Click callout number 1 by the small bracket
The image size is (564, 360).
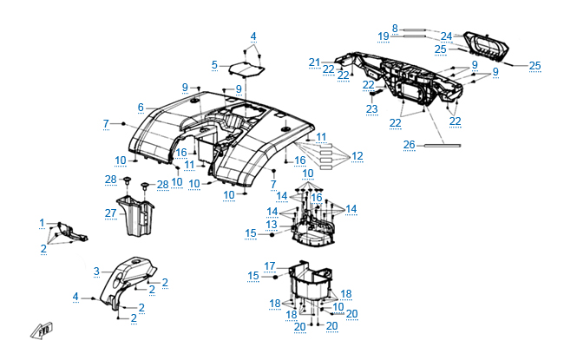click(x=42, y=223)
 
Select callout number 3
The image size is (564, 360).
click(x=97, y=271)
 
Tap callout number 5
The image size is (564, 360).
click(x=214, y=64)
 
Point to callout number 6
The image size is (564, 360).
click(x=140, y=107)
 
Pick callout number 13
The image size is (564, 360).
click(x=272, y=223)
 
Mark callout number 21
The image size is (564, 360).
click(x=314, y=62)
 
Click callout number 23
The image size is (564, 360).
click(x=371, y=108)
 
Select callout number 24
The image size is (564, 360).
click(x=446, y=36)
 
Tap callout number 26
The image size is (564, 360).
click(x=409, y=144)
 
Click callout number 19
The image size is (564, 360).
click(x=384, y=36)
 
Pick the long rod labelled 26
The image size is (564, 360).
click(x=451, y=145)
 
